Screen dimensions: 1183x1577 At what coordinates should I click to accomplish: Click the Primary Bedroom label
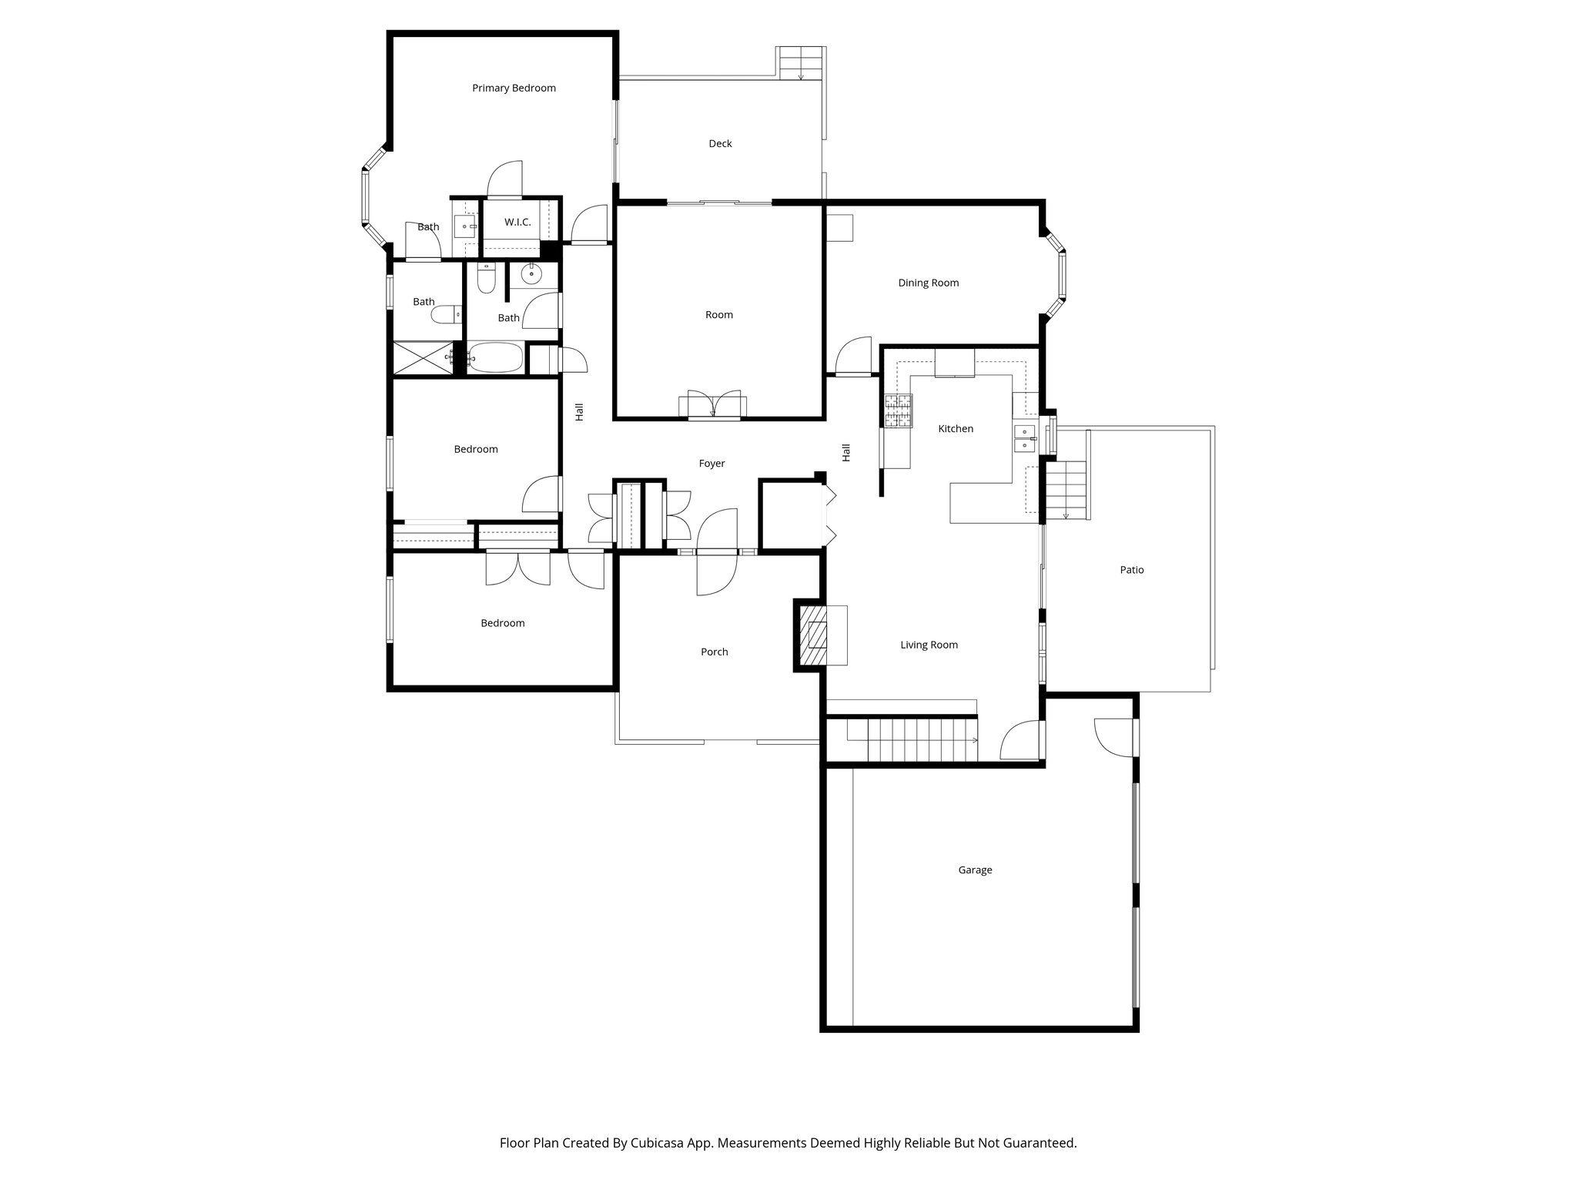coord(514,88)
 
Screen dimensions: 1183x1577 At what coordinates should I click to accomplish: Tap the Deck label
coord(720,143)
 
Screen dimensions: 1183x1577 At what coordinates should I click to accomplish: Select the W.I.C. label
coord(517,222)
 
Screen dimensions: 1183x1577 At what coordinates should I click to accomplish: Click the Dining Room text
coord(928,283)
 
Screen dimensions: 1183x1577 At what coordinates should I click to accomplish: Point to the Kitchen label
coord(956,428)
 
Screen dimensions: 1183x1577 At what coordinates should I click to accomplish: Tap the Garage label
coord(975,870)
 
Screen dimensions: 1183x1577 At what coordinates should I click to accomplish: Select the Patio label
coord(1131,570)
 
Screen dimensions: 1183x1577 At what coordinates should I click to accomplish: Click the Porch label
coord(714,652)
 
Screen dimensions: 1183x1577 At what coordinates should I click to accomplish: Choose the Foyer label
coord(711,464)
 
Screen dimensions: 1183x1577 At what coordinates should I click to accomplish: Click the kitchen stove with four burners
coord(898,411)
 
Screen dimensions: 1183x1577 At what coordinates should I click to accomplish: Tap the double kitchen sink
coord(1025,437)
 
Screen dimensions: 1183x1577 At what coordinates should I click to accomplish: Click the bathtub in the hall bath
coord(496,358)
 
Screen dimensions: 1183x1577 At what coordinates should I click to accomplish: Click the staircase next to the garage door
coord(920,740)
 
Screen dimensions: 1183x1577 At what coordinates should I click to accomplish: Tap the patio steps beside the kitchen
coord(1066,490)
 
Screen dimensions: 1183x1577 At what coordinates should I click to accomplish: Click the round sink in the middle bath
coord(532,274)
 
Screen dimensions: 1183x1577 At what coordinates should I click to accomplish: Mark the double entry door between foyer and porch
coord(717,551)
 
